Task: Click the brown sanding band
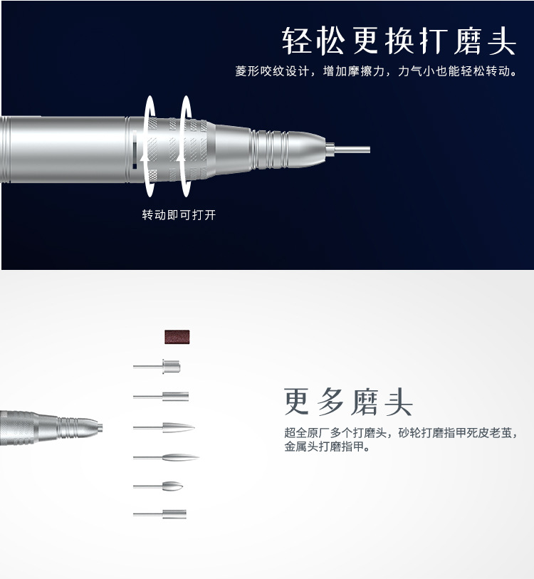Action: [x=178, y=337]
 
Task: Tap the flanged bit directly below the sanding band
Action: [x=170, y=367]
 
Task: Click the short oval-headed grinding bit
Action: [x=172, y=486]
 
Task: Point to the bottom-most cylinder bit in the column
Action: [x=173, y=513]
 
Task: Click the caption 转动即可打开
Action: [x=178, y=214]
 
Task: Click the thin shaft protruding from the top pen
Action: [x=352, y=150]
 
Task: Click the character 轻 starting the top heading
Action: [x=298, y=41]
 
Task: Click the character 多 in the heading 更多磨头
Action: [x=331, y=402]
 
